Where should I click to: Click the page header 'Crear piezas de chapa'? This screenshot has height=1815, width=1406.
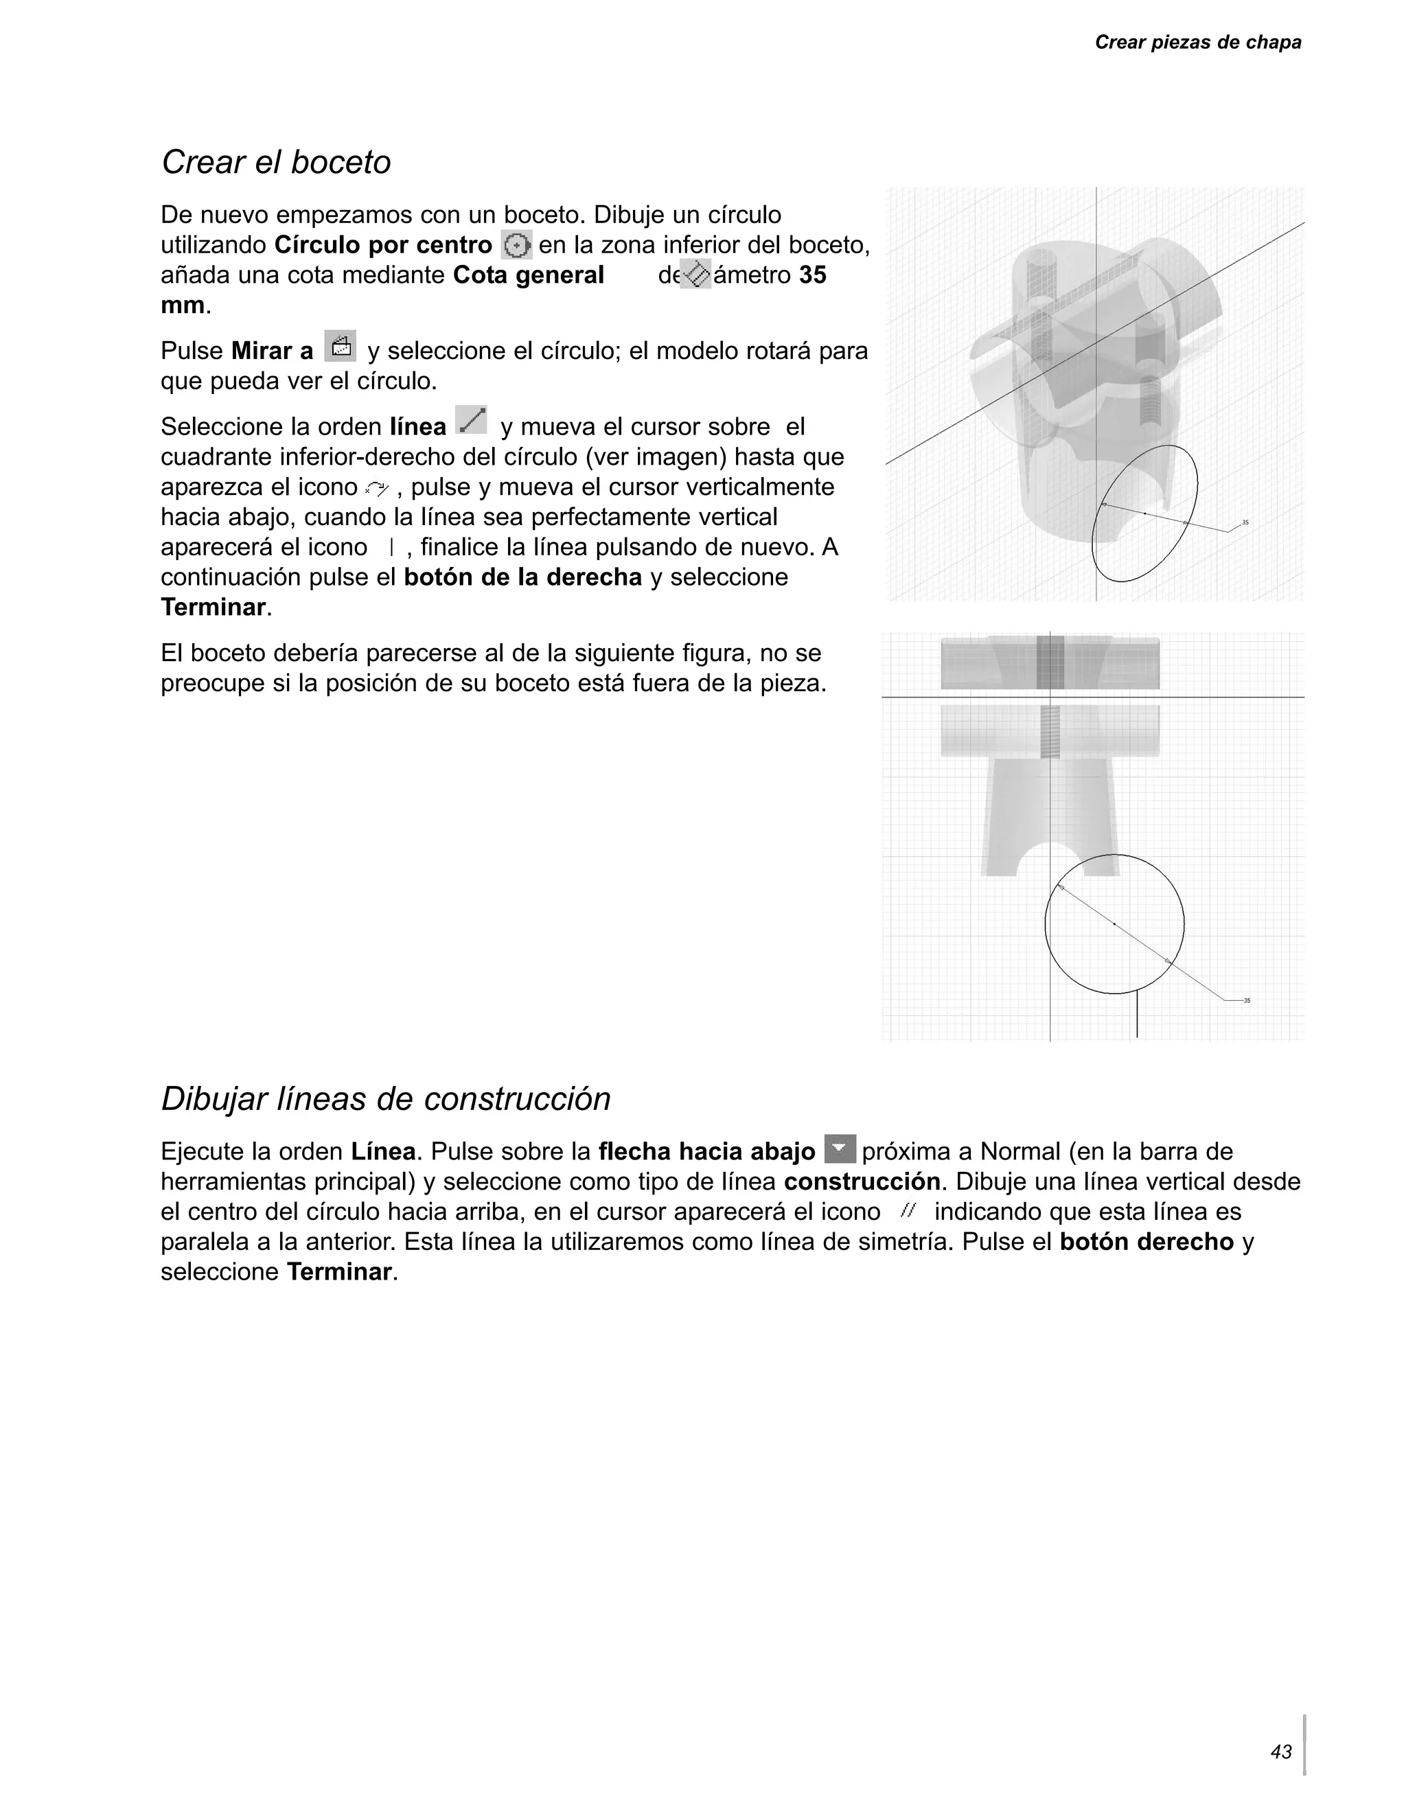coord(1197,43)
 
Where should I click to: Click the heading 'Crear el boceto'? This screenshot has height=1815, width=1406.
coord(276,162)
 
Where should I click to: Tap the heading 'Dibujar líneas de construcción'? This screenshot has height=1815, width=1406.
coord(386,1098)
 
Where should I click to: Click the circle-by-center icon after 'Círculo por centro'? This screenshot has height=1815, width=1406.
coord(517,245)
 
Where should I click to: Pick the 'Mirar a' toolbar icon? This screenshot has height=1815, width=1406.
coord(340,347)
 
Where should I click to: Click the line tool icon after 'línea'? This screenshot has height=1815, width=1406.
coord(471,421)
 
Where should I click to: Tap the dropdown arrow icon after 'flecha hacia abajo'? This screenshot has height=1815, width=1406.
coord(840,1148)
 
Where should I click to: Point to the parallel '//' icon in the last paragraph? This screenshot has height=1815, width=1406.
coord(907,1211)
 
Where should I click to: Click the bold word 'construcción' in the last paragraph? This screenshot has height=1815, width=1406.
coord(862,1182)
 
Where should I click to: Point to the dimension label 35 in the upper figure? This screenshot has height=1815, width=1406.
coord(1245,522)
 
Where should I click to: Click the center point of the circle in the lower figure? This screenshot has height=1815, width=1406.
coord(1114,923)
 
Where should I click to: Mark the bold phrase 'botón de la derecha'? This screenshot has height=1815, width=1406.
coord(522,577)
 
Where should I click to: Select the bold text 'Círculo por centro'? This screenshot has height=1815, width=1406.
coord(383,246)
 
